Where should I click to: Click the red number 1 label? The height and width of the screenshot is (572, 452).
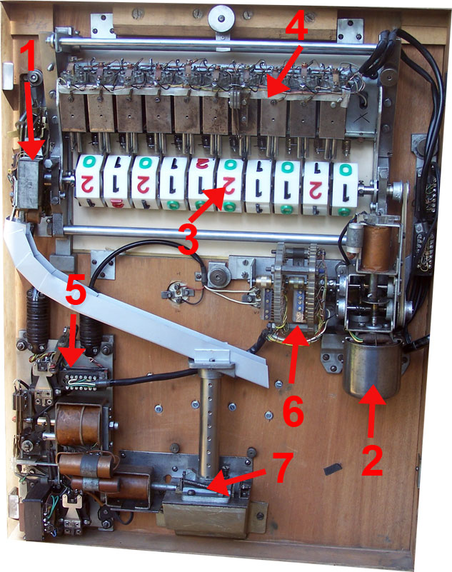point(29,56)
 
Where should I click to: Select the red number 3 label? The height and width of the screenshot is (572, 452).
point(189,239)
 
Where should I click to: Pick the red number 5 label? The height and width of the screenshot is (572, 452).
point(76,289)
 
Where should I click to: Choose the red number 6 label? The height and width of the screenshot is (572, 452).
point(293,411)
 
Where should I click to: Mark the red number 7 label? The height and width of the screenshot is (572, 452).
point(282,467)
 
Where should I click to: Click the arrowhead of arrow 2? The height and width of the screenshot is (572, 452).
point(373,395)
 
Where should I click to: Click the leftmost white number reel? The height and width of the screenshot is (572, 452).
point(89,181)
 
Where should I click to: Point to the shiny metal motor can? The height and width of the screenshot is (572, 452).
point(372,368)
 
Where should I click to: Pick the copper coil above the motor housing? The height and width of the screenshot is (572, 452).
point(376,248)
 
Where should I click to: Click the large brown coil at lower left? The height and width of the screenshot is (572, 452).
point(79,425)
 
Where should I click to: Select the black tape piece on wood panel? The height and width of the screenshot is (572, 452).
point(333,469)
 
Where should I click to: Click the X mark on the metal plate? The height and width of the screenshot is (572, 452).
point(363,118)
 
